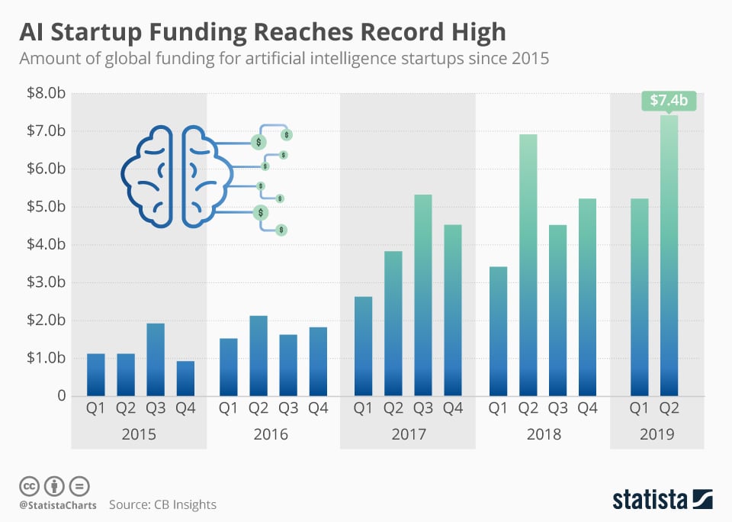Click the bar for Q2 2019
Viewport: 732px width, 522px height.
[x=669, y=256]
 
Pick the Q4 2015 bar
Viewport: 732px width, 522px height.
[x=185, y=379]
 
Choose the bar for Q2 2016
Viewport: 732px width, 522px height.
[x=258, y=356]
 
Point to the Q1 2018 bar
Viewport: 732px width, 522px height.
[x=497, y=331]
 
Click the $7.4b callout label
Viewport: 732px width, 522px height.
[x=668, y=101]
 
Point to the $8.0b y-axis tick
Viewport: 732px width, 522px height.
[x=45, y=94]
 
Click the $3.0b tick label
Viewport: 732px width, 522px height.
[x=45, y=282]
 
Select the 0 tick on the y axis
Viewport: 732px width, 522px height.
[x=60, y=396]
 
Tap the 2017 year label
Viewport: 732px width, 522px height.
[x=407, y=434]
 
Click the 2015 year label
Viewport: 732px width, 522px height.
[x=139, y=434]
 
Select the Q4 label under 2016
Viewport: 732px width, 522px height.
[x=318, y=408]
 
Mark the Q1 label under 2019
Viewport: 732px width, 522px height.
[x=638, y=408]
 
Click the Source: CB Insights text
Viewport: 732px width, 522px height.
[x=162, y=504]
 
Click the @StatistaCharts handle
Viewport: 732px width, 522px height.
[x=57, y=505]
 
